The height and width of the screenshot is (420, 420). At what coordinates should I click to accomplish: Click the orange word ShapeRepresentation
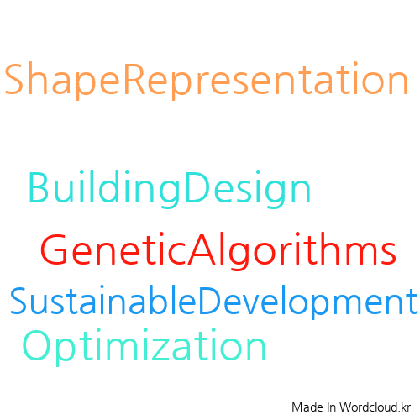[x=207, y=81]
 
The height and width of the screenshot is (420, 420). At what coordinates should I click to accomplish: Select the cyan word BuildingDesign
[x=170, y=189]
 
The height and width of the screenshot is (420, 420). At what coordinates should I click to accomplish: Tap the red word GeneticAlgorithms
[x=218, y=250]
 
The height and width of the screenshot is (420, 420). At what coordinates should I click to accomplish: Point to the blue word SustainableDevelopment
[x=213, y=302]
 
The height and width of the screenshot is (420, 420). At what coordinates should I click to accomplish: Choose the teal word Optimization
[x=144, y=347]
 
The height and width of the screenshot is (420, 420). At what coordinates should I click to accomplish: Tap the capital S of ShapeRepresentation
[x=13, y=79]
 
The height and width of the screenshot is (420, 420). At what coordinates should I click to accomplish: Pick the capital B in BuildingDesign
[x=39, y=187]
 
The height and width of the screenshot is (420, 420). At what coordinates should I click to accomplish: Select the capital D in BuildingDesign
[x=197, y=187]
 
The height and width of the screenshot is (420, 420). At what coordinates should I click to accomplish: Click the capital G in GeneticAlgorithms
[x=54, y=249]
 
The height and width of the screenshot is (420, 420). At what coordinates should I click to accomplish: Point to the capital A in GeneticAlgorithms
[x=202, y=249]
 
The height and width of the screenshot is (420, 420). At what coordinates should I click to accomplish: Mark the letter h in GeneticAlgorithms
[x=317, y=248]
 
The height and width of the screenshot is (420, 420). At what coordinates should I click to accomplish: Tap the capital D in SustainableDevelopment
[x=210, y=300]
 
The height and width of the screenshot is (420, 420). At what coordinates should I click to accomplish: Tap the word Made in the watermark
[x=307, y=407]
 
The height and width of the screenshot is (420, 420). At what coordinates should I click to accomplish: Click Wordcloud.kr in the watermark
[x=375, y=407]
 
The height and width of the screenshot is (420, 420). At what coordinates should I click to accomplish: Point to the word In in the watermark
[x=331, y=407]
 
